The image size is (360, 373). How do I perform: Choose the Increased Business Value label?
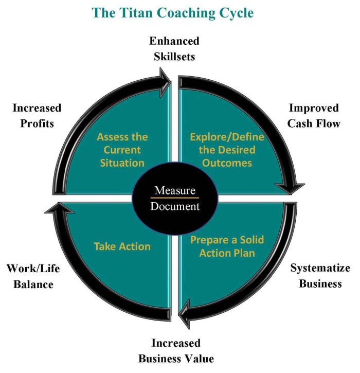pyautogui.click(x=176, y=350)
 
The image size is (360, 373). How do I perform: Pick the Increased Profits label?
pyautogui.click(x=37, y=116)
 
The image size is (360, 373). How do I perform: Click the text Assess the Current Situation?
pyautogui.click(x=122, y=150)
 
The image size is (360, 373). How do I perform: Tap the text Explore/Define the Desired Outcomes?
pyautogui.click(x=227, y=150)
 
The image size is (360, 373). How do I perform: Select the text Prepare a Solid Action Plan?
pyautogui.click(x=226, y=246)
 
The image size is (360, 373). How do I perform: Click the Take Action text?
pyautogui.click(x=122, y=246)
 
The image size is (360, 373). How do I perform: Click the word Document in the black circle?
pyautogui.click(x=175, y=207)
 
